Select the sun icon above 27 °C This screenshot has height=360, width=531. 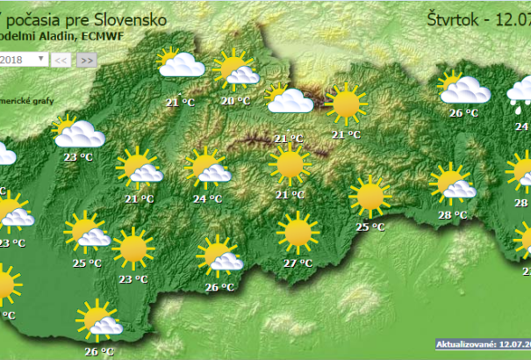click(x=298, y=234)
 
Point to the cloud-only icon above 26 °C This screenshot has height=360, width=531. click(x=464, y=88)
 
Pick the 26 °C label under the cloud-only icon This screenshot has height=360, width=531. click(x=463, y=112)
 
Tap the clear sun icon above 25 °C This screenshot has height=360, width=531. click(x=369, y=197)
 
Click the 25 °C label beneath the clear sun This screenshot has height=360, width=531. click(x=370, y=227)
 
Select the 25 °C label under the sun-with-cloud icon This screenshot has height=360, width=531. click(x=87, y=262)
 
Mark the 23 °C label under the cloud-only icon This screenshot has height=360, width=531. click(x=79, y=158)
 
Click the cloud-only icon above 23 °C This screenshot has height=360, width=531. click(x=79, y=133)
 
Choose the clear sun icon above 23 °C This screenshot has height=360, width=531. click(x=133, y=249)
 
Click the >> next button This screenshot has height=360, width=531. click(x=86, y=60)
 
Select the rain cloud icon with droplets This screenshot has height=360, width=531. click(x=520, y=90)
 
